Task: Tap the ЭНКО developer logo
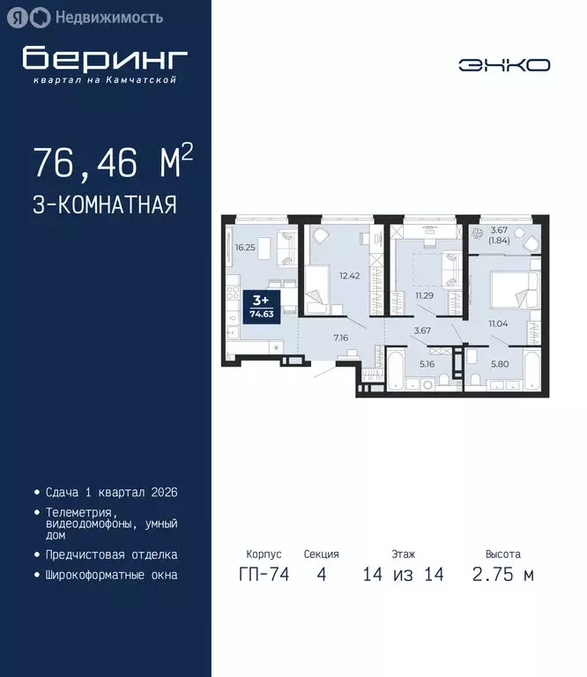tap(504, 64)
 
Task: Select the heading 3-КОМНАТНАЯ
tap(105, 205)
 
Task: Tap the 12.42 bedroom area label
tap(351, 275)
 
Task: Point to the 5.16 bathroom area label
tap(427, 362)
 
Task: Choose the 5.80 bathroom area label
tap(498, 362)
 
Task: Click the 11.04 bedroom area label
tap(500, 324)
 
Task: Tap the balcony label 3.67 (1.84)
tap(499, 235)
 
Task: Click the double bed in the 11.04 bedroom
tap(511, 287)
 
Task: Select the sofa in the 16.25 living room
tap(286, 246)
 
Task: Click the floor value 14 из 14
tap(403, 576)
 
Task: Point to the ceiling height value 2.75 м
tap(502, 576)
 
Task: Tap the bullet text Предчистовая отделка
tap(111, 555)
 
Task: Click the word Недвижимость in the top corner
tap(108, 17)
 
